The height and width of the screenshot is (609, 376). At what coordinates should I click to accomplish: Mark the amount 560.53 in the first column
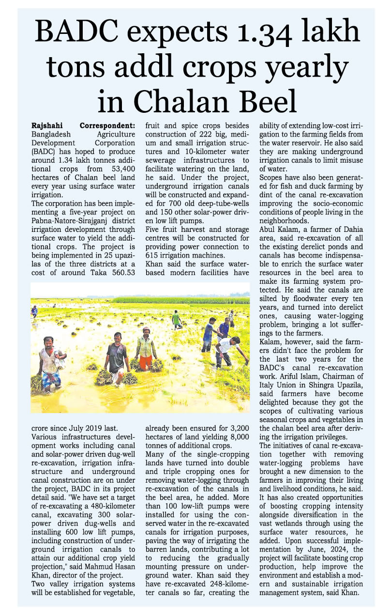point(120,274)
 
